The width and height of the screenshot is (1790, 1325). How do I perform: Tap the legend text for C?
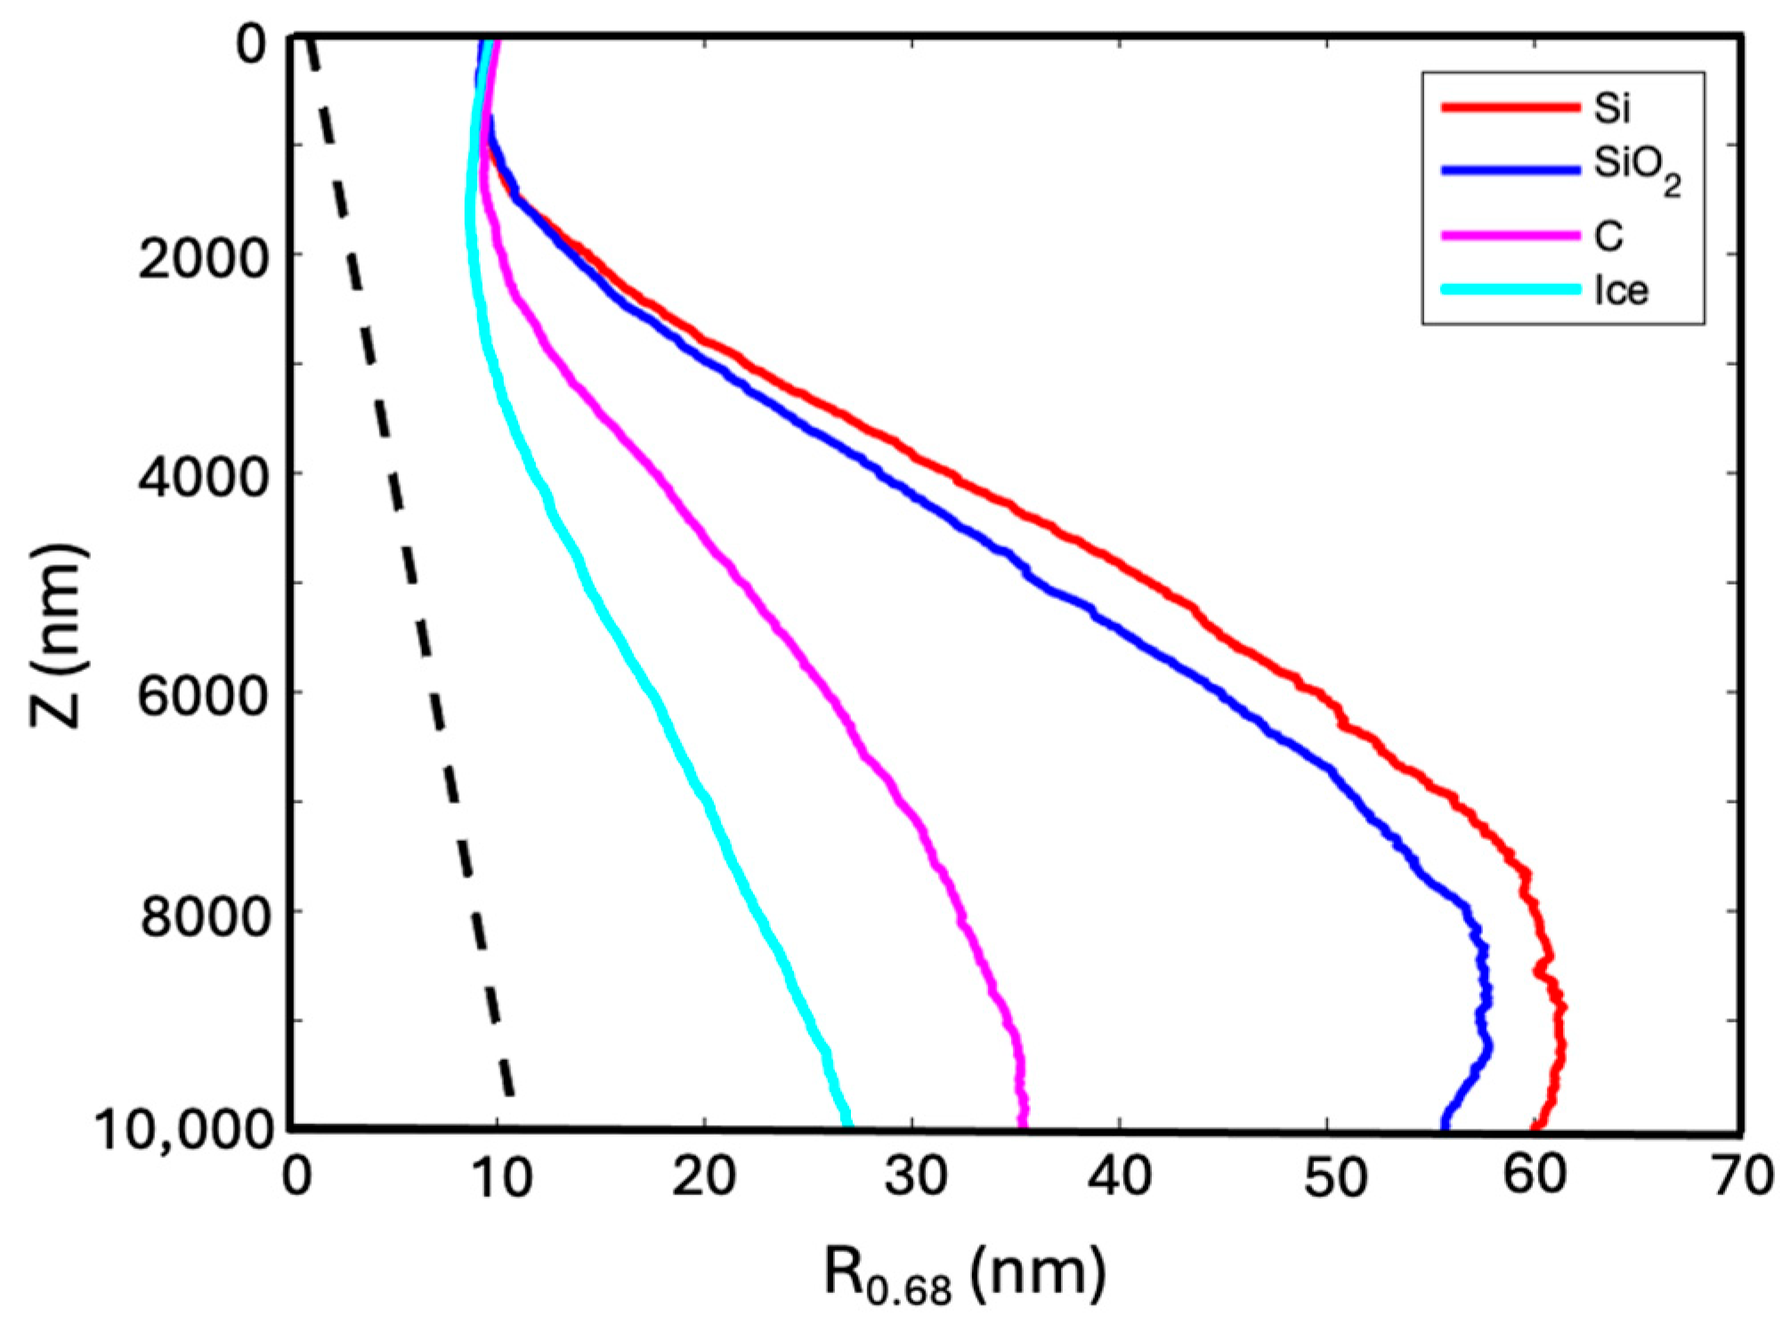(1608, 236)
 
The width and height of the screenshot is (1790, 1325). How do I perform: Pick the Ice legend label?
(1621, 291)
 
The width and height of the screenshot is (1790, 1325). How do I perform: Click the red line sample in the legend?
(1510, 108)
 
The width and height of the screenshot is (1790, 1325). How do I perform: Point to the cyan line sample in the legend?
(1510, 290)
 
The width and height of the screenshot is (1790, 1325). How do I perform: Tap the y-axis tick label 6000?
(203, 696)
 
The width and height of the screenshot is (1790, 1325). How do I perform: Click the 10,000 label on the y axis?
(184, 1131)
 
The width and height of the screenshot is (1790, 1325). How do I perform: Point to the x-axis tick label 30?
(916, 1177)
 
